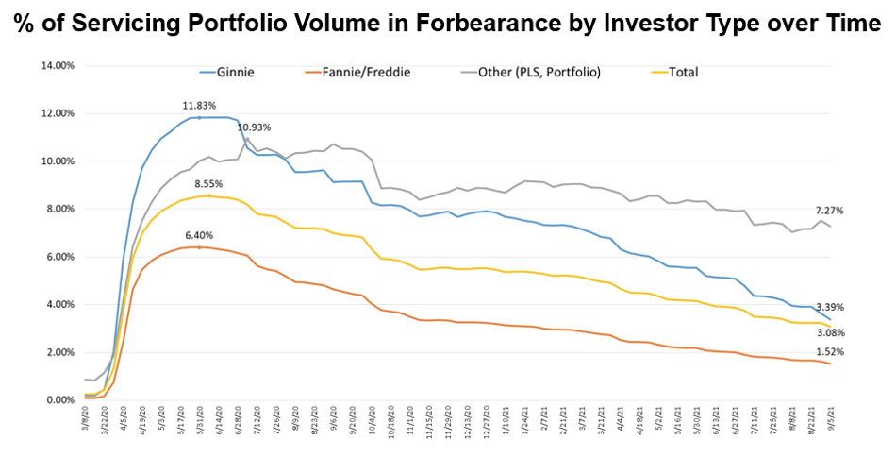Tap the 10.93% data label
255,127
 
